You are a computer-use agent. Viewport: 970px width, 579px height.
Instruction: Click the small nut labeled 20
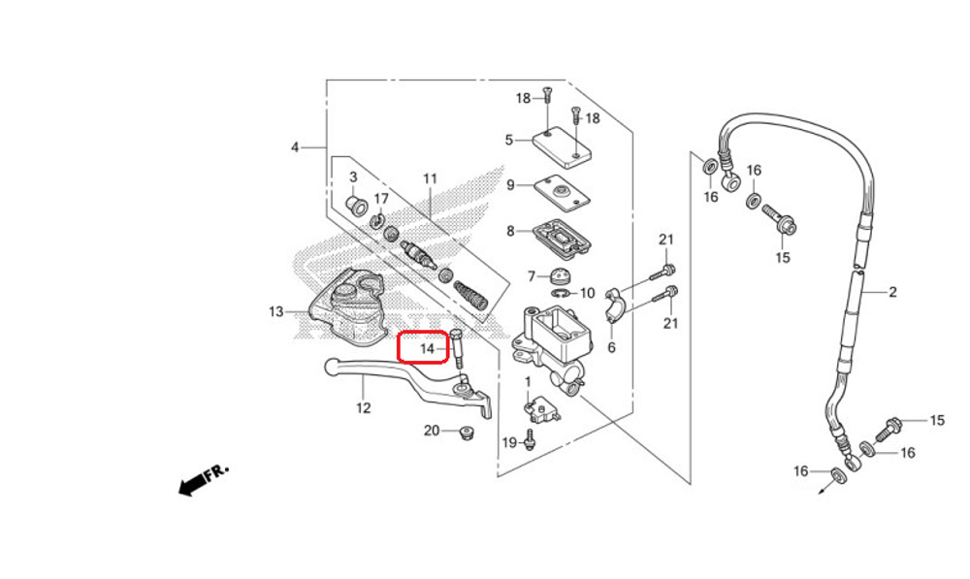pyautogui.click(x=467, y=433)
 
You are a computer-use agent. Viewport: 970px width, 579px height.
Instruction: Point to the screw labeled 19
pyautogui.click(x=531, y=442)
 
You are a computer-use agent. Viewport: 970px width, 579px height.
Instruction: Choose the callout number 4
pyautogui.click(x=295, y=147)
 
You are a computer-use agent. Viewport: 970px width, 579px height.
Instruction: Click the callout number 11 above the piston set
pyautogui.click(x=430, y=178)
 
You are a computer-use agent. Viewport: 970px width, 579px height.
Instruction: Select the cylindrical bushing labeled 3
pyautogui.click(x=356, y=206)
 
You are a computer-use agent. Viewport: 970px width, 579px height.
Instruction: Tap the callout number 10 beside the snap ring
pyautogui.click(x=587, y=293)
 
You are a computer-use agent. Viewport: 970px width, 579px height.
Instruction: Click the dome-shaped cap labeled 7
pyautogui.click(x=560, y=276)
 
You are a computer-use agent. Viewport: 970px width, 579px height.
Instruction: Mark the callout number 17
pyautogui.click(x=381, y=199)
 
